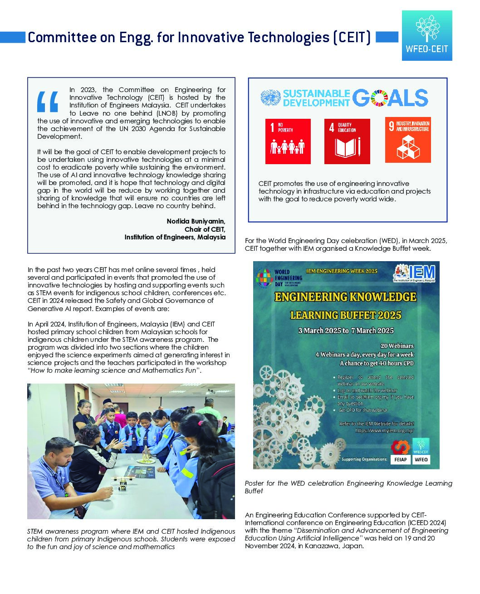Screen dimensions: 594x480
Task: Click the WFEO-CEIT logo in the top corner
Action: coord(426,35)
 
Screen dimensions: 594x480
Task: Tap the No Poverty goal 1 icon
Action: coord(288,141)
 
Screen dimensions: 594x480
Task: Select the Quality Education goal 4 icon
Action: coord(347,141)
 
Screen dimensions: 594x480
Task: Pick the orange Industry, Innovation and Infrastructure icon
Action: coord(407,140)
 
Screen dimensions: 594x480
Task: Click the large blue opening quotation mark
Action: coord(48,101)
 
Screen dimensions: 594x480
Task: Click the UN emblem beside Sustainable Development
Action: coord(271,98)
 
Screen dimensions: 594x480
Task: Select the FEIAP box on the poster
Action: coord(400,459)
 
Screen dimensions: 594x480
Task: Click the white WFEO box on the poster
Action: coord(421,459)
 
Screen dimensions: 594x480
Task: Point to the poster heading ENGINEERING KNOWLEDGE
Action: coord(345,297)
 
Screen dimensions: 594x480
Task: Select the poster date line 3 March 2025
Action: coord(346,331)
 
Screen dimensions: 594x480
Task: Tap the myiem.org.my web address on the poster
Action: coord(384,430)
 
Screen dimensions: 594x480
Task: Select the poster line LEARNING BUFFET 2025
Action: coord(346,315)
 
